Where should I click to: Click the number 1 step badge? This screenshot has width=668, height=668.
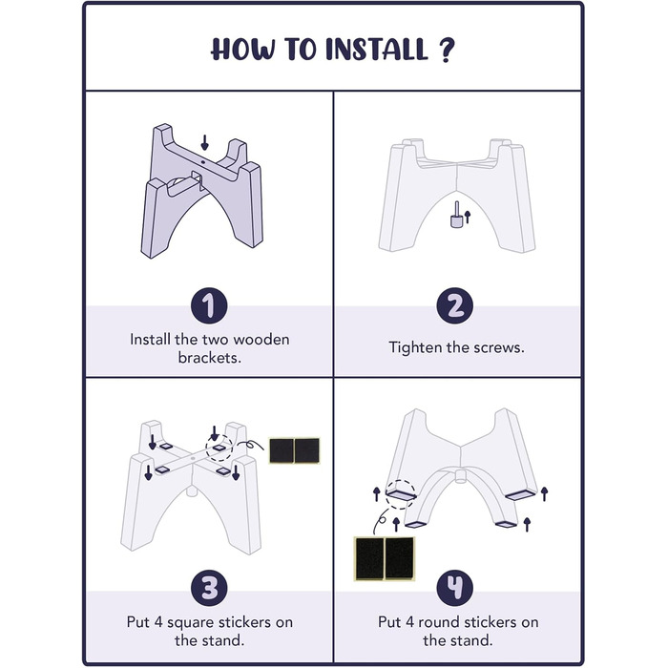click(x=209, y=306)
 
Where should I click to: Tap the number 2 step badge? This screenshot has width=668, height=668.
click(x=455, y=305)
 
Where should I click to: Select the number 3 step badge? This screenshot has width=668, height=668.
click(x=209, y=589)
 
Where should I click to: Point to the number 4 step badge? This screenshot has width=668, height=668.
click(x=455, y=588)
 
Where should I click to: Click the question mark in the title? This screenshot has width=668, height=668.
click(x=446, y=50)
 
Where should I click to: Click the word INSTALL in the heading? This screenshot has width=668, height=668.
click(x=377, y=49)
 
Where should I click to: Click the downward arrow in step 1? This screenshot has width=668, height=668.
click(x=204, y=143)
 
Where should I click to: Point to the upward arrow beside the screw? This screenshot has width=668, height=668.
click(x=468, y=217)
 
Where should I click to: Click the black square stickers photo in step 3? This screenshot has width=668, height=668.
click(x=294, y=450)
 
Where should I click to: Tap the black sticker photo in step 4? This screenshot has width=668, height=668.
click(x=385, y=558)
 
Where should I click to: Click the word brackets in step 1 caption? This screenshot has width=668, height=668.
click(x=210, y=358)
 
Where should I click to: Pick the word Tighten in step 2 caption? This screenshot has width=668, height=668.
click(x=415, y=347)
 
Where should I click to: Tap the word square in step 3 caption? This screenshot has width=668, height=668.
click(x=190, y=623)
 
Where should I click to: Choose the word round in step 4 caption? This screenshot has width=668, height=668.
click(x=438, y=622)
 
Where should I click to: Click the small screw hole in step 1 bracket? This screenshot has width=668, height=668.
click(x=202, y=162)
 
